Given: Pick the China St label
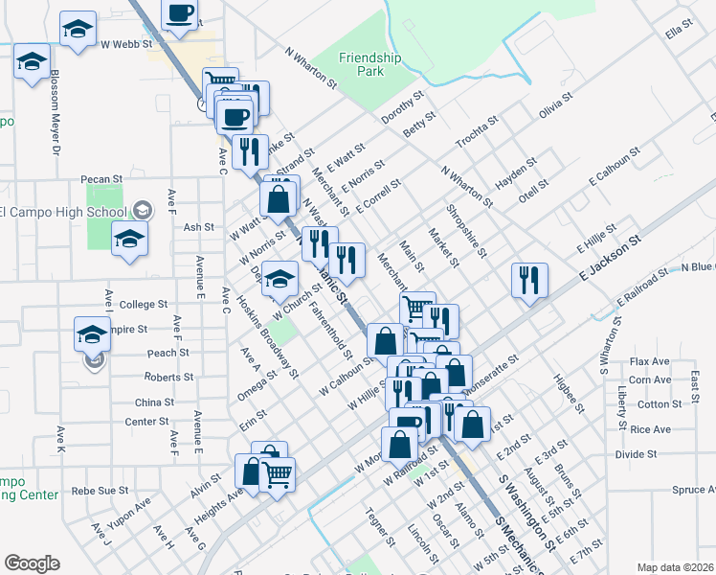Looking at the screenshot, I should coord(154,402).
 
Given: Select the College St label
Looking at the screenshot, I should coord(144,305).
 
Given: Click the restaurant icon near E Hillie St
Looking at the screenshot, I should coord(528,280).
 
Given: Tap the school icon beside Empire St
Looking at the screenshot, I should coord(93,334).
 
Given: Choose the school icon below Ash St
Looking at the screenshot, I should coord(129,239).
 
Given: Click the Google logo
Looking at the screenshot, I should coord(32,563).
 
